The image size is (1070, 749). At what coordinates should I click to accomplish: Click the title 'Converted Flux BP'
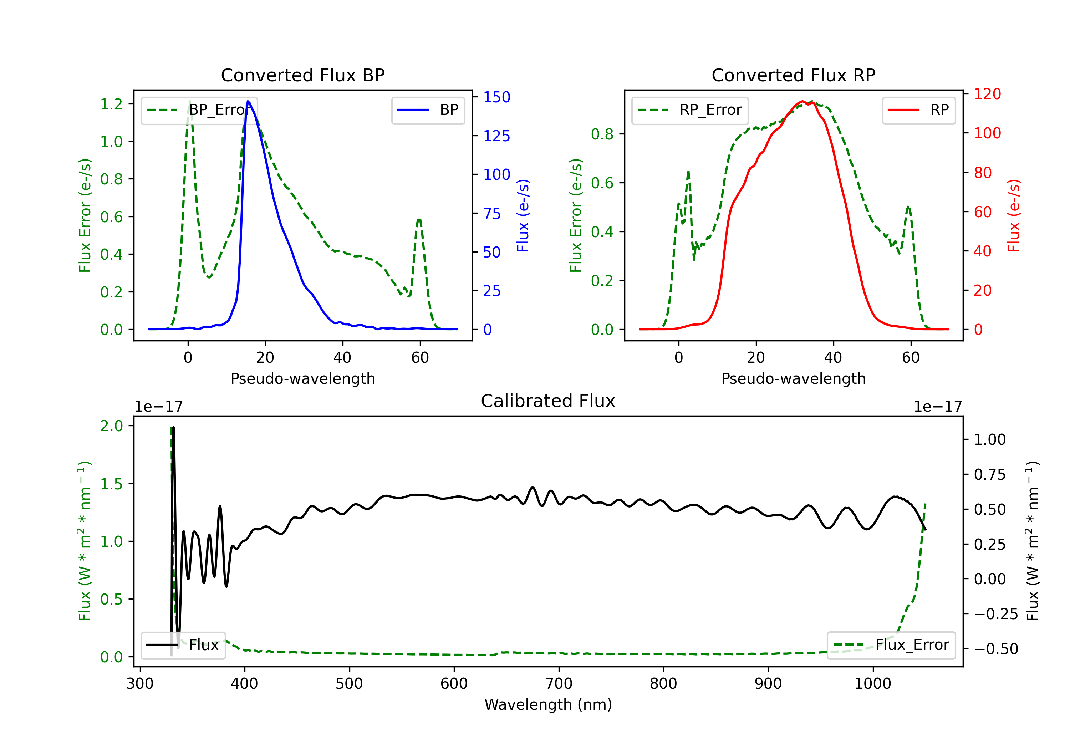[x=302, y=75]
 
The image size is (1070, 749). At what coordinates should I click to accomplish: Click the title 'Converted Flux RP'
[x=793, y=75]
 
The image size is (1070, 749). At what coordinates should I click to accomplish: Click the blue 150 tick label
[x=496, y=97]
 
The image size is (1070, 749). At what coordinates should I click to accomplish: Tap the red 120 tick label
[x=987, y=94]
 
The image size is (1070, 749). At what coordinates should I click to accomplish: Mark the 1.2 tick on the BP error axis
[x=111, y=104]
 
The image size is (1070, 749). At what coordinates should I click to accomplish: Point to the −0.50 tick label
[x=995, y=649]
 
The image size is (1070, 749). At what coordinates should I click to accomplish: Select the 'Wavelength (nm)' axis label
[x=548, y=704]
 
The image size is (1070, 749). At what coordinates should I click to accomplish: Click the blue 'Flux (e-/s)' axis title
[x=523, y=215]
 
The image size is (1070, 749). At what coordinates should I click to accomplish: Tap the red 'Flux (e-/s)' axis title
[x=1014, y=215]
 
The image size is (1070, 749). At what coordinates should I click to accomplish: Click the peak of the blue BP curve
[x=248, y=101]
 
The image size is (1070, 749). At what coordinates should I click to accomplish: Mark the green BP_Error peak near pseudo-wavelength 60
[x=419, y=219]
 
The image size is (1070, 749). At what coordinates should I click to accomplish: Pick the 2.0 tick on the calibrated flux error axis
[x=111, y=426]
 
